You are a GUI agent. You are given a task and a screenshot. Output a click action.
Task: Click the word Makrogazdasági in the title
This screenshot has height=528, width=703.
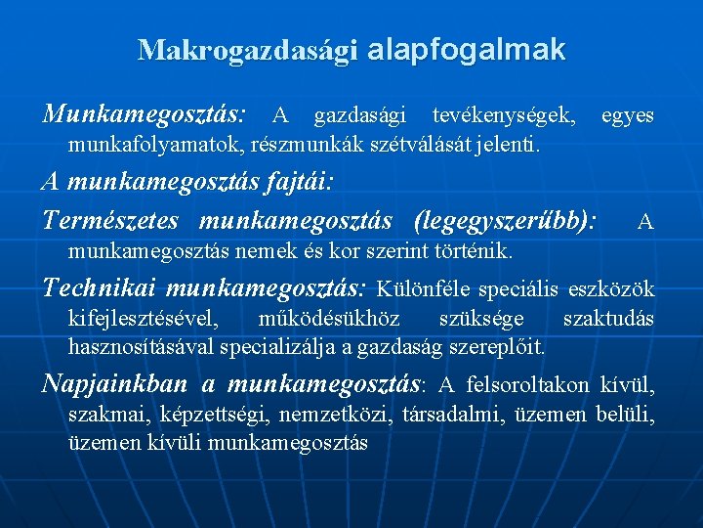coord(248,50)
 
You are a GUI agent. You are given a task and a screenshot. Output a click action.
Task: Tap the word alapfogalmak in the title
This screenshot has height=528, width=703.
coord(467,49)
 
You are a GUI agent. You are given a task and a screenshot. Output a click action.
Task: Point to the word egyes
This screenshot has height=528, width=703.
coord(628,116)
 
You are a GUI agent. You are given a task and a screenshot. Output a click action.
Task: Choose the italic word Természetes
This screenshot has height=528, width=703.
coord(114,220)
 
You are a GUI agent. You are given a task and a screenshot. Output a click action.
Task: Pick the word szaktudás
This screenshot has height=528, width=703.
coord(608,319)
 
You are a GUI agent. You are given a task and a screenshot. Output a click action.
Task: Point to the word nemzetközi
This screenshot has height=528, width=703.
coord(335,415)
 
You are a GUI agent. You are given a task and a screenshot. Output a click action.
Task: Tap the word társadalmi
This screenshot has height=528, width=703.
coord(446,415)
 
